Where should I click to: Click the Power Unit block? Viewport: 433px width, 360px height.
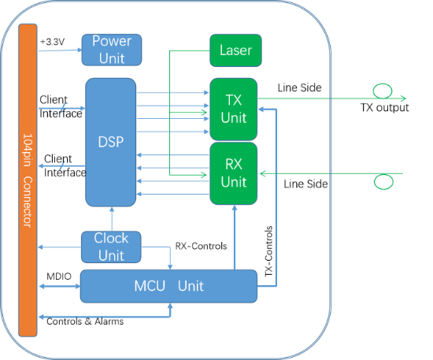point(112,50)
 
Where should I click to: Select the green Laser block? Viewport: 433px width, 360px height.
point(235,50)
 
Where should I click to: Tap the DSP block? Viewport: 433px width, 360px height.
point(111,143)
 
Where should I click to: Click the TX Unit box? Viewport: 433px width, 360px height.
point(234,109)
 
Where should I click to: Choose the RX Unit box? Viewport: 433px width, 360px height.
point(234,173)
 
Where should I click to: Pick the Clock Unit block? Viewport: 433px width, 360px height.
point(111,247)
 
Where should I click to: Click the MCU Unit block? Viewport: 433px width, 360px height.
point(168,286)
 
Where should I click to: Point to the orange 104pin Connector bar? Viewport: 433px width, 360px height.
point(28,180)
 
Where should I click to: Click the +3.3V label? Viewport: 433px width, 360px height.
point(53,42)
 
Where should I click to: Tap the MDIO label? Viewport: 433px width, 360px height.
point(59,276)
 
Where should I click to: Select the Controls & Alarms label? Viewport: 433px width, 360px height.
point(85,321)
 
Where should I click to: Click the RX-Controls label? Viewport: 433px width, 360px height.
point(201,246)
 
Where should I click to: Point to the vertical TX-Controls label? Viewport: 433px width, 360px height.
point(268,251)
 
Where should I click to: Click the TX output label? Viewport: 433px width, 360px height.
point(385,107)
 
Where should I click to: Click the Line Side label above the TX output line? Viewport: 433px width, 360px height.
point(300,88)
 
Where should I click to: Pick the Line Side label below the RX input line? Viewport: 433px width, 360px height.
point(305,184)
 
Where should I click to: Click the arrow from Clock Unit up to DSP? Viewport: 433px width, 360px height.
point(112,219)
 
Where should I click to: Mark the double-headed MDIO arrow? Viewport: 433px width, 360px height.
point(60,287)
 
